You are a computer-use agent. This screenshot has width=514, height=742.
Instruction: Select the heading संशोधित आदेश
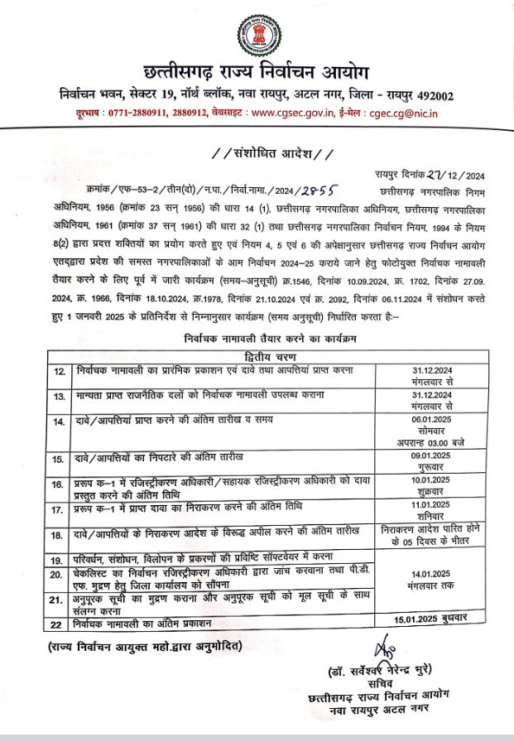tap(257, 153)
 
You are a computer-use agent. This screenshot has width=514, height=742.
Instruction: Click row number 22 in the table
tap(59, 623)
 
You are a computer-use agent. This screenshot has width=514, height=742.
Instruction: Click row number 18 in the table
tap(59, 535)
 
